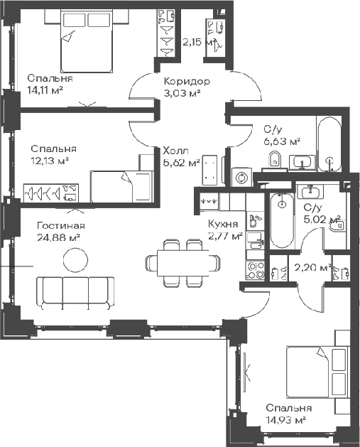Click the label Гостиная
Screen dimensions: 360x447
(61, 226)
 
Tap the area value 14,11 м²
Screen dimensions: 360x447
(45, 90)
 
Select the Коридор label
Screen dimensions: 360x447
(187, 82)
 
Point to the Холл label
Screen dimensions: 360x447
(175, 151)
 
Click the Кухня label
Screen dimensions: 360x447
(223, 224)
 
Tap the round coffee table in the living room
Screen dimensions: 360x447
(75, 259)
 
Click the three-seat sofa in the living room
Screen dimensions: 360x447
(75, 293)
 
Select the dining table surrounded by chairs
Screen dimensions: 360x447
(183, 262)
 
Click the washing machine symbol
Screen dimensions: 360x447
(241, 178)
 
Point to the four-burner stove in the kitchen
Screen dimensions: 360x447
(255, 270)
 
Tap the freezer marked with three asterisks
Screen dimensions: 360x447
(209, 202)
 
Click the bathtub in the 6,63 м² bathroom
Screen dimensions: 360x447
(329, 144)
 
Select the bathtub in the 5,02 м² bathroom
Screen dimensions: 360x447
(282, 220)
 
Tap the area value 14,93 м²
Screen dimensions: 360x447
(286, 420)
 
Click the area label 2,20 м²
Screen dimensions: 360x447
(312, 268)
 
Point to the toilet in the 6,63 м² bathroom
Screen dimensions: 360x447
(275, 160)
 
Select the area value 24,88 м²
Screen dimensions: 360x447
(58, 237)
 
